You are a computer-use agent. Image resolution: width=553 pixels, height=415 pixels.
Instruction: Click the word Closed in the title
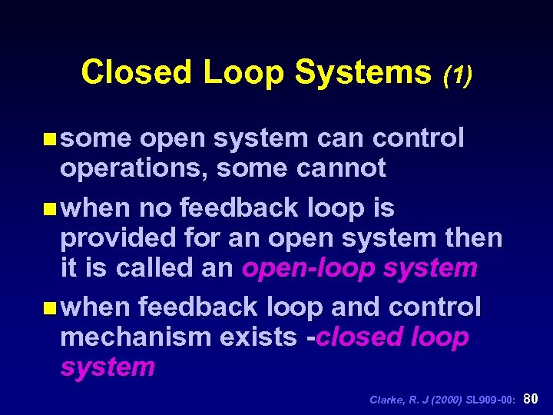[136, 72]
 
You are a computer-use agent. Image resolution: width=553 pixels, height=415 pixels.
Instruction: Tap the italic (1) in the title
[458, 74]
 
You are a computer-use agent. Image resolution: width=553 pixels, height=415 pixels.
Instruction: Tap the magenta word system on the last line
[108, 367]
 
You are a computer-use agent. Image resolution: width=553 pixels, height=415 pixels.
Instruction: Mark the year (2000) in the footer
[445, 399]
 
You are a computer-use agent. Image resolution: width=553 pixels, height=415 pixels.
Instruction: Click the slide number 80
[531, 398]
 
